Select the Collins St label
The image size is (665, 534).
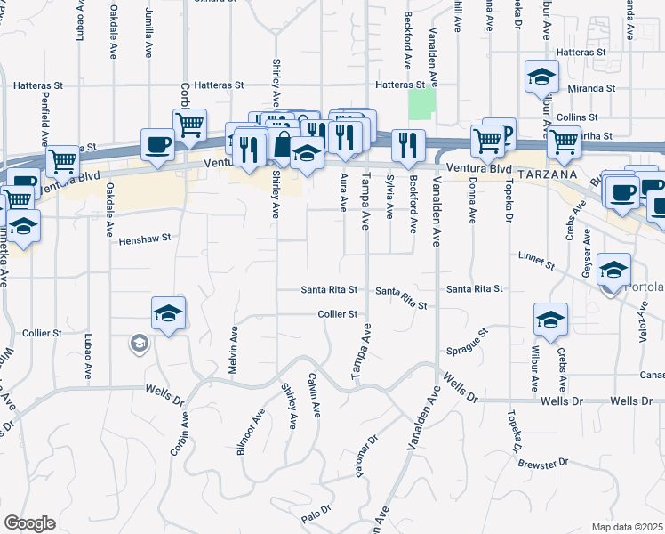coord(577,117)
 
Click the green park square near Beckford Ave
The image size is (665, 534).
coord(421,106)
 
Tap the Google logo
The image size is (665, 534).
coord(29,523)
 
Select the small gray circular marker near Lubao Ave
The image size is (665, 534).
coord(138,343)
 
